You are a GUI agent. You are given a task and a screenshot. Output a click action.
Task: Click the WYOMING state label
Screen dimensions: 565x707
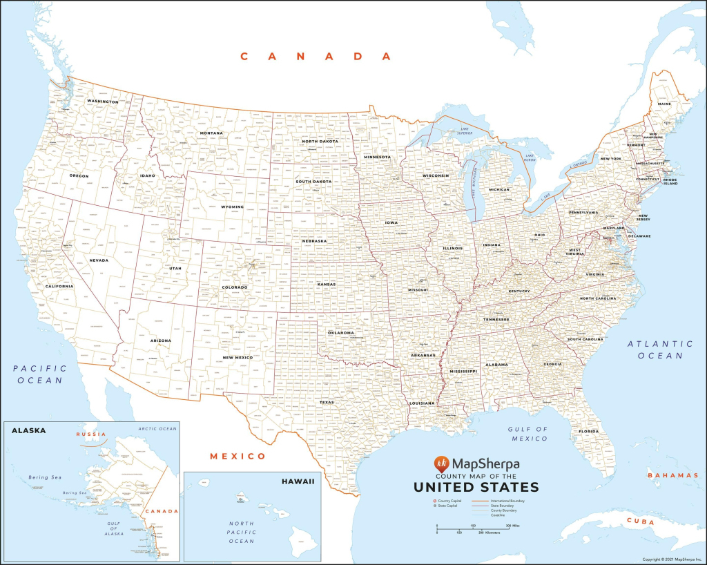pos(232,207)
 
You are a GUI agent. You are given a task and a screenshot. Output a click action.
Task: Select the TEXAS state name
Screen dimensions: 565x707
pos(327,401)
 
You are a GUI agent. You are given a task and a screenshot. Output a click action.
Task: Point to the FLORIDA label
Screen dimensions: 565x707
pos(588,432)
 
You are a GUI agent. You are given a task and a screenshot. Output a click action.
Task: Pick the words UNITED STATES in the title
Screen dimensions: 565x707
pos(476,487)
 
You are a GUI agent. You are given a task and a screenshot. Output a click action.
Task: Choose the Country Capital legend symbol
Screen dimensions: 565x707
pos(434,500)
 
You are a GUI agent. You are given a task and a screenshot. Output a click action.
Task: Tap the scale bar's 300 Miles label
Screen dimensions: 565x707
pos(510,526)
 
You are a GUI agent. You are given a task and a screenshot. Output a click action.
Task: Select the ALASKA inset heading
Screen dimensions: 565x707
pos(28,430)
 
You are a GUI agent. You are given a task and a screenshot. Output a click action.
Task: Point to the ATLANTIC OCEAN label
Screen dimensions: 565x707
pos(660,349)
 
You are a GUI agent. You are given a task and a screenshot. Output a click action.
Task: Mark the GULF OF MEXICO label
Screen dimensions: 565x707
pos(529,434)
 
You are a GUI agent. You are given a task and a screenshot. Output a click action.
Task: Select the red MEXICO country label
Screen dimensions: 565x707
pos(238,457)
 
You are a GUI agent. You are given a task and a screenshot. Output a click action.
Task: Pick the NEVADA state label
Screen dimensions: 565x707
pos(98,260)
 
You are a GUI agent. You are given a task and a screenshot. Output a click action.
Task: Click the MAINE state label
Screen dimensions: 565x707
pos(664,104)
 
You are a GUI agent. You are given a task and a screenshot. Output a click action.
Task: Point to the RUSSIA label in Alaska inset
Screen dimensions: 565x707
pos(90,434)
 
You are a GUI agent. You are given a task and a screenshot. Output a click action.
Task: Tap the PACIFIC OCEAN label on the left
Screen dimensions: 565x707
pos(39,374)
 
